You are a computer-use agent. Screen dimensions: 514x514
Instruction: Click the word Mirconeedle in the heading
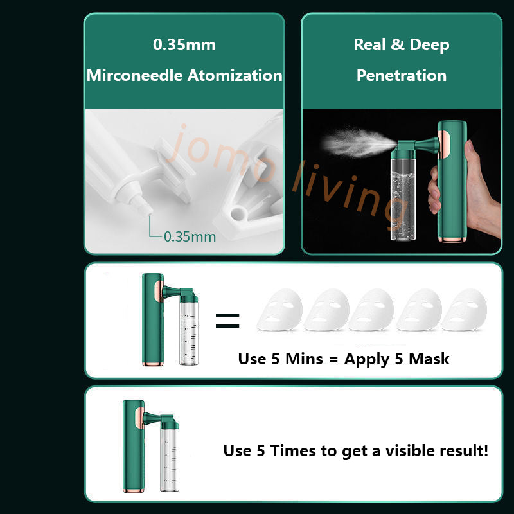click(134, 75)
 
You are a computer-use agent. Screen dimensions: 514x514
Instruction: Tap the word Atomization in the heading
click(235, 75)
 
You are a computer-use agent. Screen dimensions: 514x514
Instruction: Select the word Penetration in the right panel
click(402, 75)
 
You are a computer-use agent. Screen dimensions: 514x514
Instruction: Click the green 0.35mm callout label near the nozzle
click(190, 236)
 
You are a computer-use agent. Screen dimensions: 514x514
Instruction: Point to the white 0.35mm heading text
click(184, 44)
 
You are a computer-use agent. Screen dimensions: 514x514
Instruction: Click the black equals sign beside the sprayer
click(227, 321)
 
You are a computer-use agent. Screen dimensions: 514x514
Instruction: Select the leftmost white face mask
click(279, 310)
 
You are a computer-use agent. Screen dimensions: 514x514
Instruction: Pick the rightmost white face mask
click(464, 310)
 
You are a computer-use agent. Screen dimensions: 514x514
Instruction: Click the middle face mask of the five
click(371, 310)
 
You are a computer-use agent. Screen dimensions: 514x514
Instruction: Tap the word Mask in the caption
click(429, 359)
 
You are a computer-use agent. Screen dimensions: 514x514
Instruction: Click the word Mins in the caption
click(304, 359)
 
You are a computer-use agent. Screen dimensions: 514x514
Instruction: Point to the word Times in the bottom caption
click(294, 451)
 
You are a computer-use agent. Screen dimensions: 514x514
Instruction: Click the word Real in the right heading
click(370, 44)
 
